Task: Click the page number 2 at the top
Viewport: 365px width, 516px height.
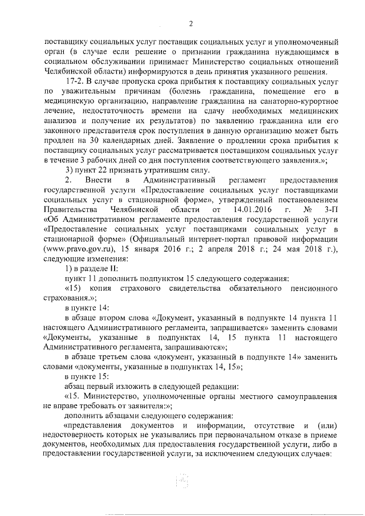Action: coord(192,23)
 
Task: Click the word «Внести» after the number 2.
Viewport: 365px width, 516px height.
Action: coord(94,180)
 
